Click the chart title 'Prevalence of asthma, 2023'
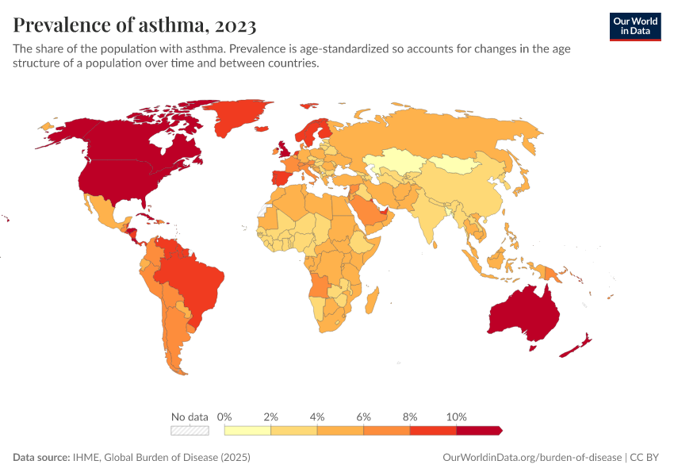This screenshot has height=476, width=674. point(134,25)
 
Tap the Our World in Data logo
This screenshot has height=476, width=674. point(634,25)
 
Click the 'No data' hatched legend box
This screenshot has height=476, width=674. point(190,431)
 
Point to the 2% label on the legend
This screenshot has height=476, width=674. point(270,416)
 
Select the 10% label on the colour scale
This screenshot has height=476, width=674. point(456,416)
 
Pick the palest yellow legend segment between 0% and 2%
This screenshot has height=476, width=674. point(247,431)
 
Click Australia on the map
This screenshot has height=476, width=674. point(524,314)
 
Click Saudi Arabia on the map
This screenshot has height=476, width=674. point(367,209)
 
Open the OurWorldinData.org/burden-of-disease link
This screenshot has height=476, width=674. point(530,458)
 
